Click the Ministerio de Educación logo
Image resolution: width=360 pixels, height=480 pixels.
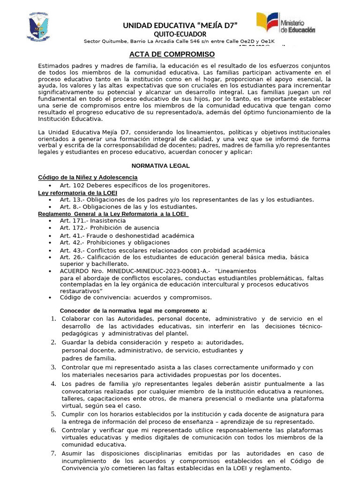(285, 23)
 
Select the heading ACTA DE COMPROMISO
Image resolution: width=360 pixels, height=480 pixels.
(172, 54)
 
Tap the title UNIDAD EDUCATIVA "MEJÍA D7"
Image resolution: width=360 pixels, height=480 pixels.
(180, 25)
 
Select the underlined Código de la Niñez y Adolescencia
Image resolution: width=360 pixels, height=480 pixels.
(88, 177)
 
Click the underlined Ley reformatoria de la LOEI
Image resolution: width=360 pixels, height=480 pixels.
(77, 193)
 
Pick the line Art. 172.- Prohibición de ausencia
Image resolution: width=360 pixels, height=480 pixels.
(109, 228)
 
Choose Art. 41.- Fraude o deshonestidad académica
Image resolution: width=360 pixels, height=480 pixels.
(127, 235)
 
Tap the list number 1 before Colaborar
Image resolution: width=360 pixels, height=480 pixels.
(53, 319)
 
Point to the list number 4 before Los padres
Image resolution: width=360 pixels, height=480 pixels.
(53, 383)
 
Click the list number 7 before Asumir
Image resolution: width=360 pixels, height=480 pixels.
(53, 453)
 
